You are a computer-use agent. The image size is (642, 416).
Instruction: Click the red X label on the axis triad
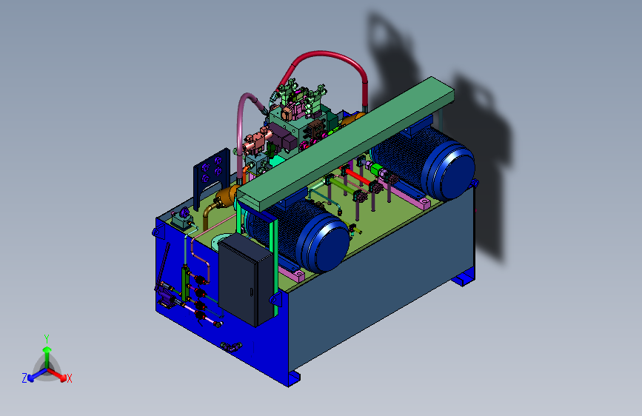coord(69,378)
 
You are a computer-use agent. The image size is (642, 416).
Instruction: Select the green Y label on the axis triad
coord(47,339)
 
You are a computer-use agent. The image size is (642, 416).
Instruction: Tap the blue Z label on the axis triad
coord(24,378)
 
